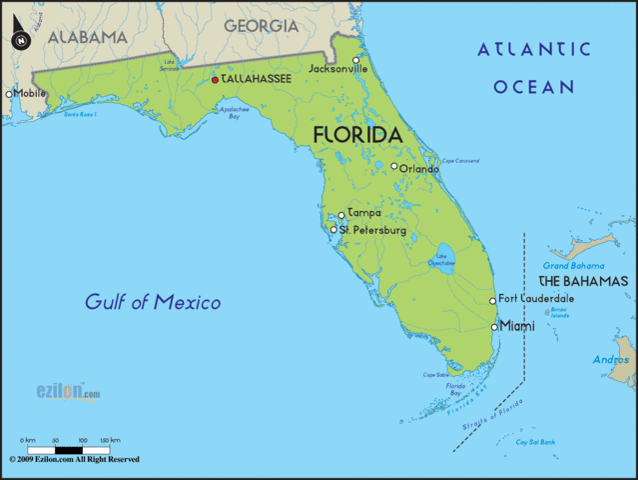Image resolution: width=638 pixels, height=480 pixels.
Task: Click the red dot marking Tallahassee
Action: (215, 79)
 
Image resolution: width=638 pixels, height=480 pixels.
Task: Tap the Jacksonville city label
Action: (337, 69)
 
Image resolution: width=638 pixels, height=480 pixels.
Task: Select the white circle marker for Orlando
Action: (394, 167)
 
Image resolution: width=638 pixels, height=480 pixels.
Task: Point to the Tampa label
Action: (363, 213)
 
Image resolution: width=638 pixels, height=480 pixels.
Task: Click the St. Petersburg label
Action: (371, 230)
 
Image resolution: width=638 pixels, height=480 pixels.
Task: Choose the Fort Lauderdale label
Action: (536, 298)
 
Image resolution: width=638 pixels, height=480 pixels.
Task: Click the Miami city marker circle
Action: (494, 326)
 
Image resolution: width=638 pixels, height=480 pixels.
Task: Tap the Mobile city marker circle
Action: (9, 94)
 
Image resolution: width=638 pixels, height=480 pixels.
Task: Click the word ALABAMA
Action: (88, 37)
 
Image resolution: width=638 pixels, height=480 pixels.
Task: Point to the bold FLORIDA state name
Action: (357, 134)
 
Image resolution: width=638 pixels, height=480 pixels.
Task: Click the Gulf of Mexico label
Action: (153, 301)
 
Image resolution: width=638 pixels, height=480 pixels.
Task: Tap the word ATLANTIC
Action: (533, 49)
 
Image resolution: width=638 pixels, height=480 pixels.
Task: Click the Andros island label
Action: (610, 360)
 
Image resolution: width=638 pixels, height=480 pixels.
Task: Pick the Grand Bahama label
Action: (574, 266)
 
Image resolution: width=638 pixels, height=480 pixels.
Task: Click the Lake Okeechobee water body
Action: (442, 259)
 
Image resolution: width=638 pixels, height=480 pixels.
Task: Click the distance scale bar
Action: (69, 449)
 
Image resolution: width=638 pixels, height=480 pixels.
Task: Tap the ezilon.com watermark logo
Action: (68, 392)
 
